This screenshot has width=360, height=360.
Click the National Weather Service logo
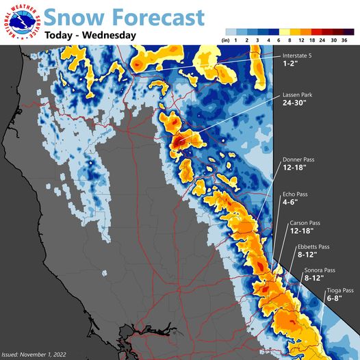point(22,23)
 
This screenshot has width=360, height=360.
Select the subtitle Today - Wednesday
point(90,35)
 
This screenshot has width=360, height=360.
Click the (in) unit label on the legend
point(225,40)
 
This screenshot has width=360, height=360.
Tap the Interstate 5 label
point(300,56)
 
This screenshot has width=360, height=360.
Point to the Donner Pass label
point(300,159)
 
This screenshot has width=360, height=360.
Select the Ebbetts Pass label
point(313,246)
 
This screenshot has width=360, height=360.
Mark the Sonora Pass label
point(320,270)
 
